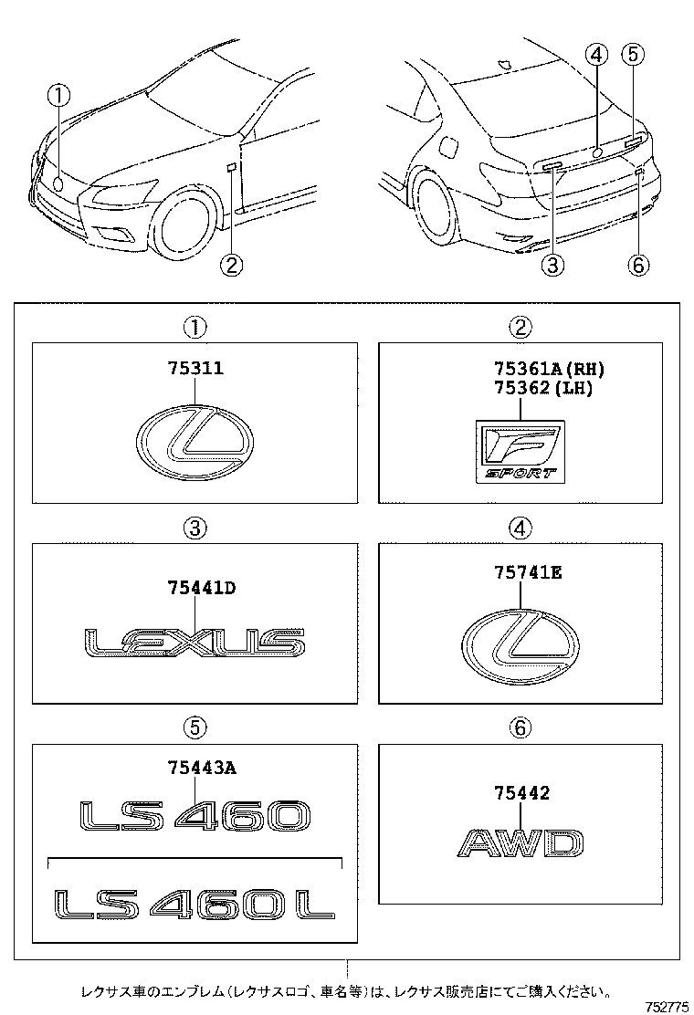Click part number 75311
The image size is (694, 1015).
pyautogui.click(x=195, y=369)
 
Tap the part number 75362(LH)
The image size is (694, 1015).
pyautogui.click(x=542, y=388)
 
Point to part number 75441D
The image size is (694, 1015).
pyautogui.click(x=202, y=589)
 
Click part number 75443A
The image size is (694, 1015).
pyautogui.click(x=202, y=768)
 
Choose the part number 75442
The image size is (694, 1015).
pyautogui.click(x=520, y=793)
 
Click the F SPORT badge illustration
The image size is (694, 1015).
pyautogui.click(x=520, y=451)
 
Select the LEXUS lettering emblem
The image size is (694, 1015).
pyautogui.click(x=195, y=643)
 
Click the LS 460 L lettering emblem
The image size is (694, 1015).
pyautogui.click(x=195, y=903)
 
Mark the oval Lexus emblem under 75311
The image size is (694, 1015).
pyautogui.click(x=195, y=445)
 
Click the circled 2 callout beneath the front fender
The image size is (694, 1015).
pyautogui.click(x=232, y=266)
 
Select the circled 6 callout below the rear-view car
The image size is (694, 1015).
pyautogui.click(x=638, y=266)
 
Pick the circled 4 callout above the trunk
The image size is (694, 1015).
pyautogui.click(x=595, y=56)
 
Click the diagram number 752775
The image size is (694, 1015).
pyautogui.click(x=667, y=1006)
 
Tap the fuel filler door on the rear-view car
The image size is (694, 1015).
pyautogui.click(x=448, y=144)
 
